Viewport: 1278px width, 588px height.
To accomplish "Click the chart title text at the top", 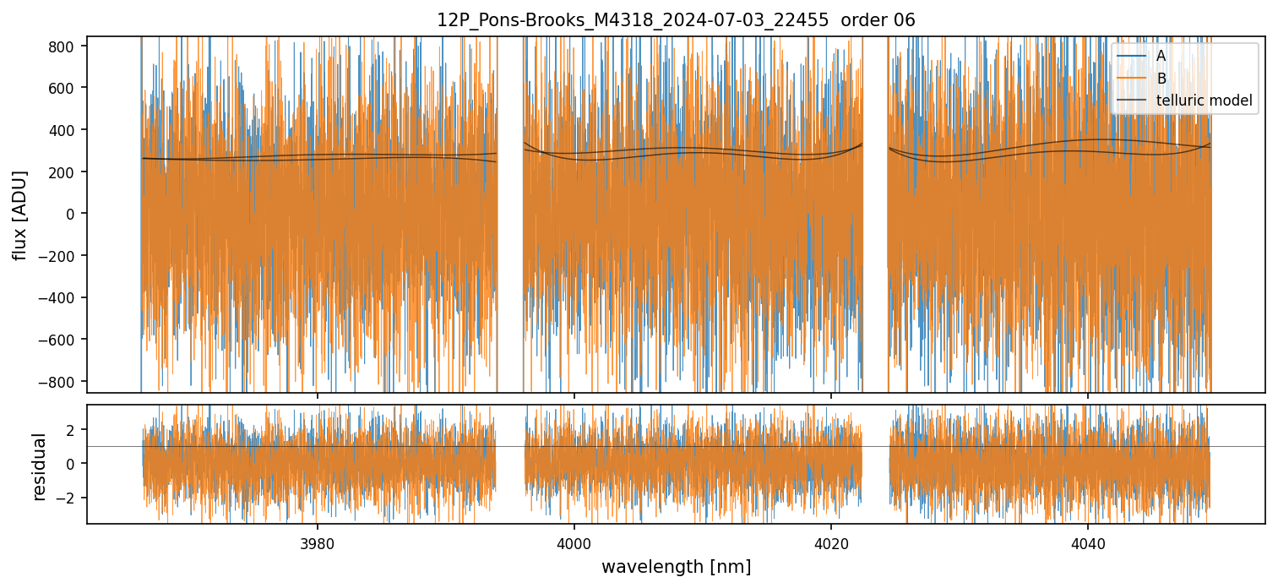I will coord(676,20).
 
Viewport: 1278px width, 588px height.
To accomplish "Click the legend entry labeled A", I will coord(1161,56).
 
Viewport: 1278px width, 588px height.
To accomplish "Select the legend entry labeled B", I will coord(1161,79).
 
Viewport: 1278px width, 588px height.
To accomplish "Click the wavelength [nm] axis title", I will coord(676,566).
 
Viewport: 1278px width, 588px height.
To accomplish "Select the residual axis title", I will coord(39,466).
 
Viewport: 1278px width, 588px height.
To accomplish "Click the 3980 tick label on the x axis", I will coord(318,542).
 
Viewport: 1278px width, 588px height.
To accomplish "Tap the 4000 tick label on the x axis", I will coord(574,542).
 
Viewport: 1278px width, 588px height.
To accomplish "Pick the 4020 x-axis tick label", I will coord(831,542).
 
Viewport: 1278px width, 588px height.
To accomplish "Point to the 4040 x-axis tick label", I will coord(1087,542).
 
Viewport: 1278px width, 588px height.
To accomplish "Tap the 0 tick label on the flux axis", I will coord(71,214).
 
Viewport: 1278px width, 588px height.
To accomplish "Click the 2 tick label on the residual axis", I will coord(72,429).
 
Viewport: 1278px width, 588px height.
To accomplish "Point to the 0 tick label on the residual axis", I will coord(72,463).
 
